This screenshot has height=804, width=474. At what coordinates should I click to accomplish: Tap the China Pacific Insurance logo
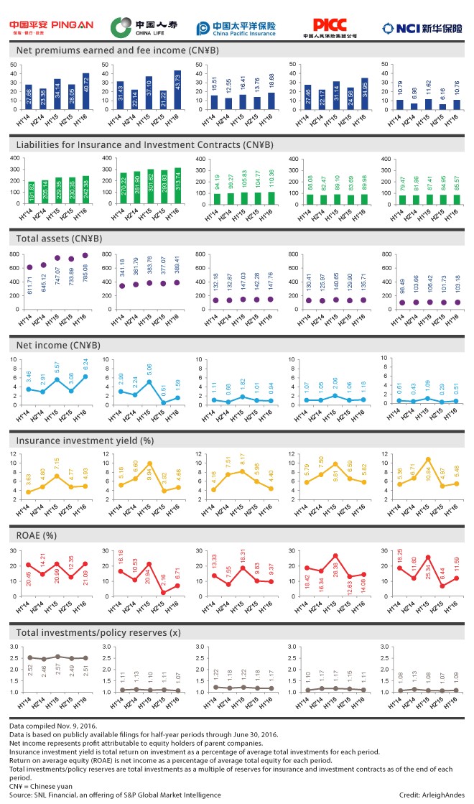pos(236,28)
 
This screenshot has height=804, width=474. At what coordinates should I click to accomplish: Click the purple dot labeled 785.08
pos(86,255)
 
